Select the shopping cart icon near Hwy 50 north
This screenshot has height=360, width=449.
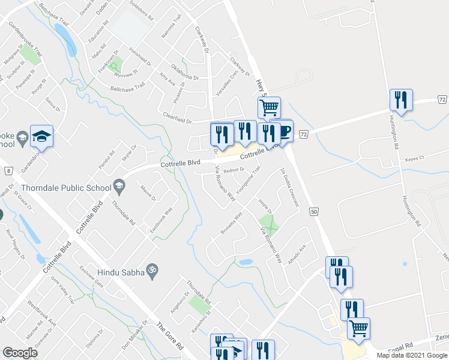[x=269, y=108]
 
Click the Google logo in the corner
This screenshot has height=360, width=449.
[x=20, y=353]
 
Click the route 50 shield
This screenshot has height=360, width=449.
[x=313, y=212]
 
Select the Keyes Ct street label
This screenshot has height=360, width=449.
[x=414, y=158]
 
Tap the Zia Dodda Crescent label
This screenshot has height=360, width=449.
[x=289, y=188]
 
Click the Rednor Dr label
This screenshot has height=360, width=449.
[x=235, y=170]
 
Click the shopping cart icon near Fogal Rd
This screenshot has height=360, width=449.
[x=358, y=328]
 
